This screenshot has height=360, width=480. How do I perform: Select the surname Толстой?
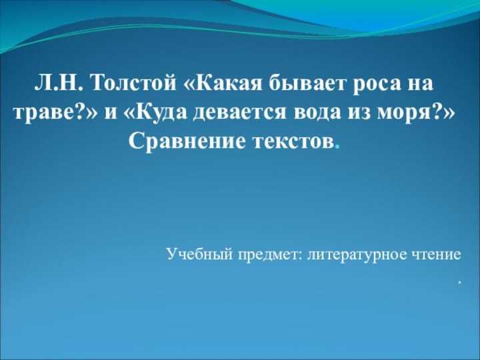(x=133, y=83)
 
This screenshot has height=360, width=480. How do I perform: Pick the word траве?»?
(x=56, y=113)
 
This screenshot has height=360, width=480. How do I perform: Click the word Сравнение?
(x=187, y=141)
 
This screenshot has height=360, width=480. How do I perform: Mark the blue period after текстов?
(x=337, y=147)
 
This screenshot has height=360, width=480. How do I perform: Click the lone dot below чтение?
(x=459, y=285)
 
